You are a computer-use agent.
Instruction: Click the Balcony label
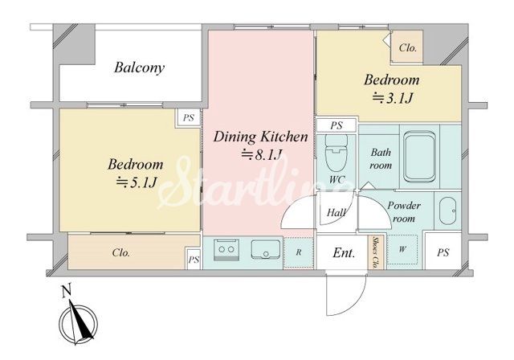139,67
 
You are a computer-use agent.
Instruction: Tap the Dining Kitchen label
260,137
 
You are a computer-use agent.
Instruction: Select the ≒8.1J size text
262,155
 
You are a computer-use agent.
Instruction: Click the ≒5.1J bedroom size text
137,182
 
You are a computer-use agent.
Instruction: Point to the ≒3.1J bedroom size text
392,98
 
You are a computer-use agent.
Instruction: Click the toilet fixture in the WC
337,153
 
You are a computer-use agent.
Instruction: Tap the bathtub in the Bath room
419,157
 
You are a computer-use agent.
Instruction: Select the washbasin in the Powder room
447,211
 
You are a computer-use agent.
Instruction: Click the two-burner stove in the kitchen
226,250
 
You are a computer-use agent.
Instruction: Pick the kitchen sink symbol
266,250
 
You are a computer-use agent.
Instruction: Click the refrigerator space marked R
299,252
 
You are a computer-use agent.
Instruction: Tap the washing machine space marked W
402,249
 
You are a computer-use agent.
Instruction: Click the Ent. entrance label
344,253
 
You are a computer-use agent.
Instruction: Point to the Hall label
336,213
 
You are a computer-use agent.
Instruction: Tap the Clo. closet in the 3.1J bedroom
407,47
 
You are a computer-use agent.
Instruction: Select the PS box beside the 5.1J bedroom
189,117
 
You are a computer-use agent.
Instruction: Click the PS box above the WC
337,125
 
